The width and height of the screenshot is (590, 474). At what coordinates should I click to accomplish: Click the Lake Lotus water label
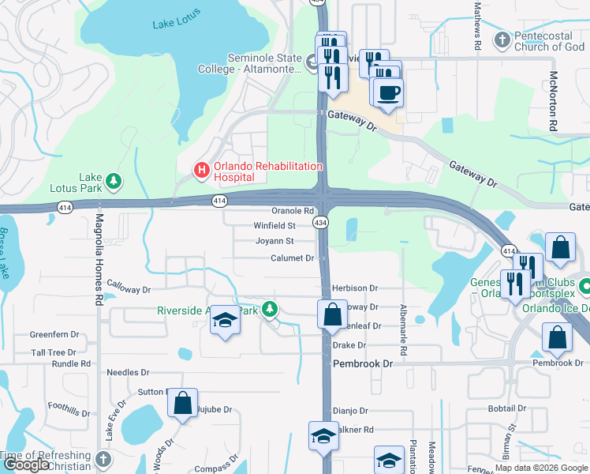tap(174, 23)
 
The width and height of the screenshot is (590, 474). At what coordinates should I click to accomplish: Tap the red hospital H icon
tap(202, 169)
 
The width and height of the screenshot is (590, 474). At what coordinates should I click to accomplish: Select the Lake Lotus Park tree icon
tap(114, 182)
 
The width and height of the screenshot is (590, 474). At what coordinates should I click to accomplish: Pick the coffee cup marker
tap(387, 93)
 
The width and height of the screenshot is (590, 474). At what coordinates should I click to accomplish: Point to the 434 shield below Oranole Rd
tap(320, 224)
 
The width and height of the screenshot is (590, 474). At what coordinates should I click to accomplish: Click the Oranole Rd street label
tap(293, 211)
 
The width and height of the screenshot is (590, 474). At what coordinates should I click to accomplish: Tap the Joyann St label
tap(274, 241)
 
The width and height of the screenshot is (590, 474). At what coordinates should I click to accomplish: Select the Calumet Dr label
tap(293, 258)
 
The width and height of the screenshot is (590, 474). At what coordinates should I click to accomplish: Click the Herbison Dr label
tap(356, 289)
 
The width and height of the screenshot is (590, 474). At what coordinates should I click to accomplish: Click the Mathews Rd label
tap(478, 25)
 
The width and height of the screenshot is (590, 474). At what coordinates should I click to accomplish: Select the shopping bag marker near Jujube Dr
tap(183, 404)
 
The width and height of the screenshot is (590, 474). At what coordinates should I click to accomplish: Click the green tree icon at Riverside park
tap(271, 308)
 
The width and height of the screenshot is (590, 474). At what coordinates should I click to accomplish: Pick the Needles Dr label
tap(128, 372)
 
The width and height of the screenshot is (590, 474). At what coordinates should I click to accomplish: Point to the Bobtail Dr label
tap(506, 408)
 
